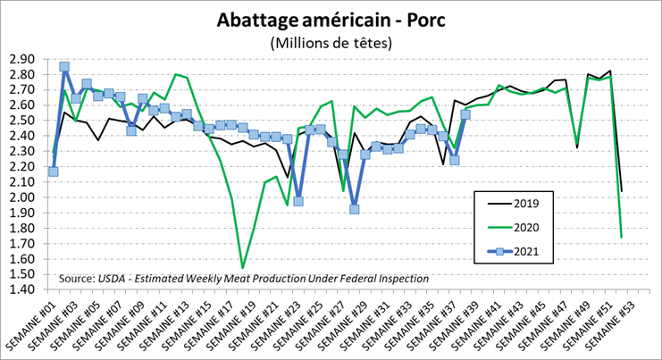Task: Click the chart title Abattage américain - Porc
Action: [x=330, y=21]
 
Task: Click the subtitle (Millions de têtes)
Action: [x=330, y=43]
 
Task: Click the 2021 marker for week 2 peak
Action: [x=64, y=66]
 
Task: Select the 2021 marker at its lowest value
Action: [x=354, y=209]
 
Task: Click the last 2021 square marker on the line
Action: [x=465, y=114]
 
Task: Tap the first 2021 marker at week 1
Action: [x=54, y=171]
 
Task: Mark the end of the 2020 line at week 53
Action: [x=622, y=237]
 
